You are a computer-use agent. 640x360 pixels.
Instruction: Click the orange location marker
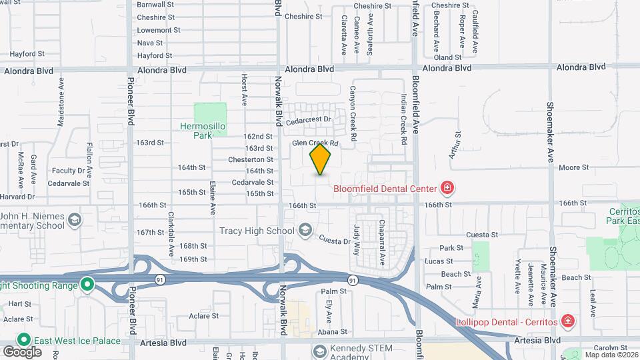[x=321, y=159]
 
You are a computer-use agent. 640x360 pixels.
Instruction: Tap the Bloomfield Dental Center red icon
[x=447, y=189]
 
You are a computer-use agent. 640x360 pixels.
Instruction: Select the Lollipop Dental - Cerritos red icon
[x=567, y=322]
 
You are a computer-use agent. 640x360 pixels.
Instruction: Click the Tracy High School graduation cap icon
[x=305, y=231]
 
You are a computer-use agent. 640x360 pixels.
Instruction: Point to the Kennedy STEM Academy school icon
[x=320, y=351]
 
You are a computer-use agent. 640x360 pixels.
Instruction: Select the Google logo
[x=22, y=351]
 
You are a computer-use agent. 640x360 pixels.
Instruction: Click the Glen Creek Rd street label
[x=315, y=143]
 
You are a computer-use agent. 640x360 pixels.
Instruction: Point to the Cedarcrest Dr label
[x=309, y=120]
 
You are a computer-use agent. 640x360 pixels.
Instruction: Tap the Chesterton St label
[x=251, y=159]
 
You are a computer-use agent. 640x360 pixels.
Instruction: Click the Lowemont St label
[x=159, y=30]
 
